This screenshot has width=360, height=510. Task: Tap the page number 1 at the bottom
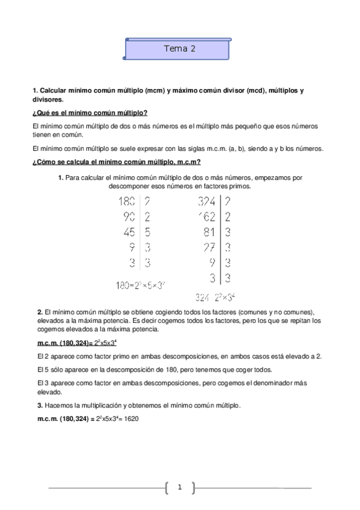pyautogui.click(x=179, y=487)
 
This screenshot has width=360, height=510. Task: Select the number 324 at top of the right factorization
pyautogui.click(x=206, y=202)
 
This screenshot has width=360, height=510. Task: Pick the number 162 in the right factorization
pyautogui.click(x=206, y=217)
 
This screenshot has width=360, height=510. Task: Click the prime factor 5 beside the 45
pyautogui.click(x=147, y=232)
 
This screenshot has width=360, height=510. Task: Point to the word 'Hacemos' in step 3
pyautogui.click(x=58, y=405)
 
